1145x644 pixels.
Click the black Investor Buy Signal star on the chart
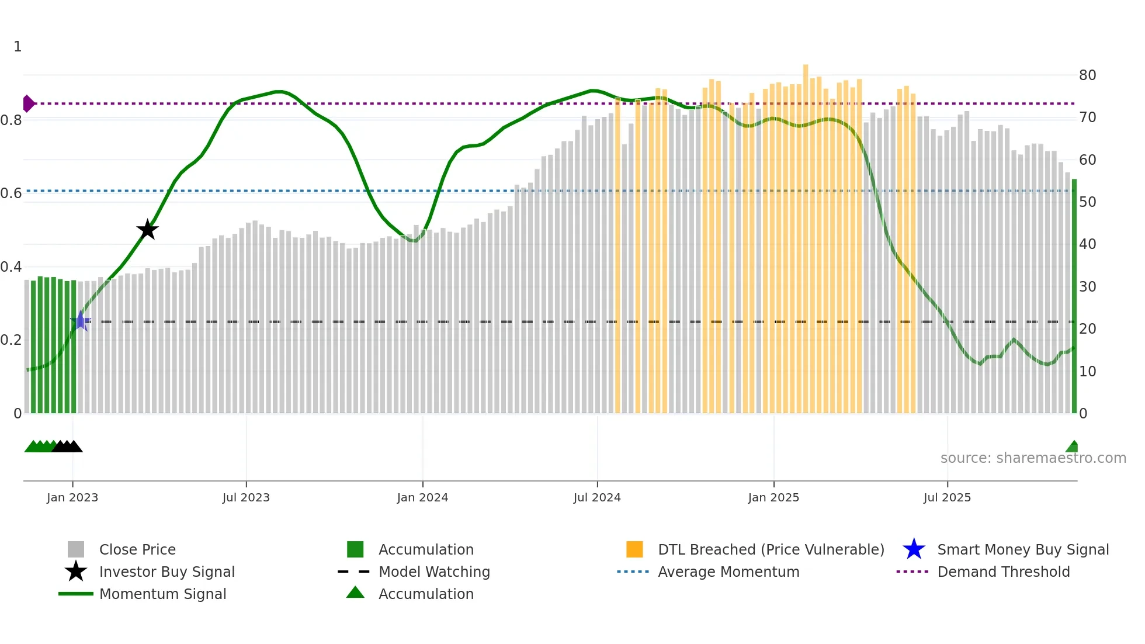147,230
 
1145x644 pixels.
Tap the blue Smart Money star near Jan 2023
81,321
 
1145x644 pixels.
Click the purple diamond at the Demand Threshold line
28,103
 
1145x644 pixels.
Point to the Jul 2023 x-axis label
246,497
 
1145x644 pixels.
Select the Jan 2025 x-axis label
773,497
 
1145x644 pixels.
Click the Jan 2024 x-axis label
422,497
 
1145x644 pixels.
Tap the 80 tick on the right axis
1087,75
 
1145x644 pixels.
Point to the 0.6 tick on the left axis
11,193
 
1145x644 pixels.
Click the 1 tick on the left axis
18,46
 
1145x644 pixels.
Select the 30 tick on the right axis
1087,286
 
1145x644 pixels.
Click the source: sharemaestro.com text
1033,458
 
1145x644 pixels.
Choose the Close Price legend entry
137,549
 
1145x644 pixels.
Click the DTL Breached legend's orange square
634,549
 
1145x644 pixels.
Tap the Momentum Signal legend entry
162,594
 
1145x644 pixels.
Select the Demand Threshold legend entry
1003,572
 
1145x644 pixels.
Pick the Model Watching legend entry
434,572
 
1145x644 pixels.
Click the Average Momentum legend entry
728,572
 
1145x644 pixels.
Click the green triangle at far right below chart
1072,447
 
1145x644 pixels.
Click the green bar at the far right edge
1074,298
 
